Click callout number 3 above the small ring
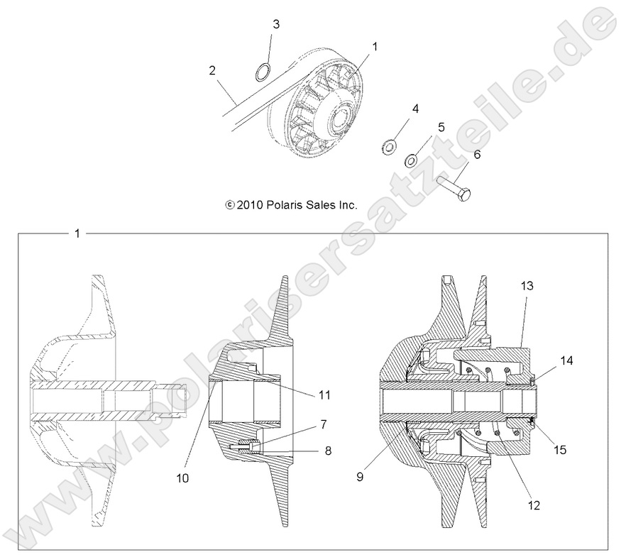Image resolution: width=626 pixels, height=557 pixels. (x=276, y=24)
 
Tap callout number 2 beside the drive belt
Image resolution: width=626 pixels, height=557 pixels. (x=212, y=70)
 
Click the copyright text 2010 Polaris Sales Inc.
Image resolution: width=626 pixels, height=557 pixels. (x=291, y=205)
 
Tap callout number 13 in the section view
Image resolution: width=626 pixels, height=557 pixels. (x=527, y=285)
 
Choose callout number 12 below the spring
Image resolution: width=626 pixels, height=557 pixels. (x=534, y=505)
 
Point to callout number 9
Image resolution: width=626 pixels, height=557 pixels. (x=360, y=477)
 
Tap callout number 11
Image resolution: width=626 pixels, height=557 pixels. (x=324, y=394)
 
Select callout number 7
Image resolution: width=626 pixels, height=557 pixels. (x=323, y=424)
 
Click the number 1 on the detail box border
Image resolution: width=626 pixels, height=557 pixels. (x=77, y=233)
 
